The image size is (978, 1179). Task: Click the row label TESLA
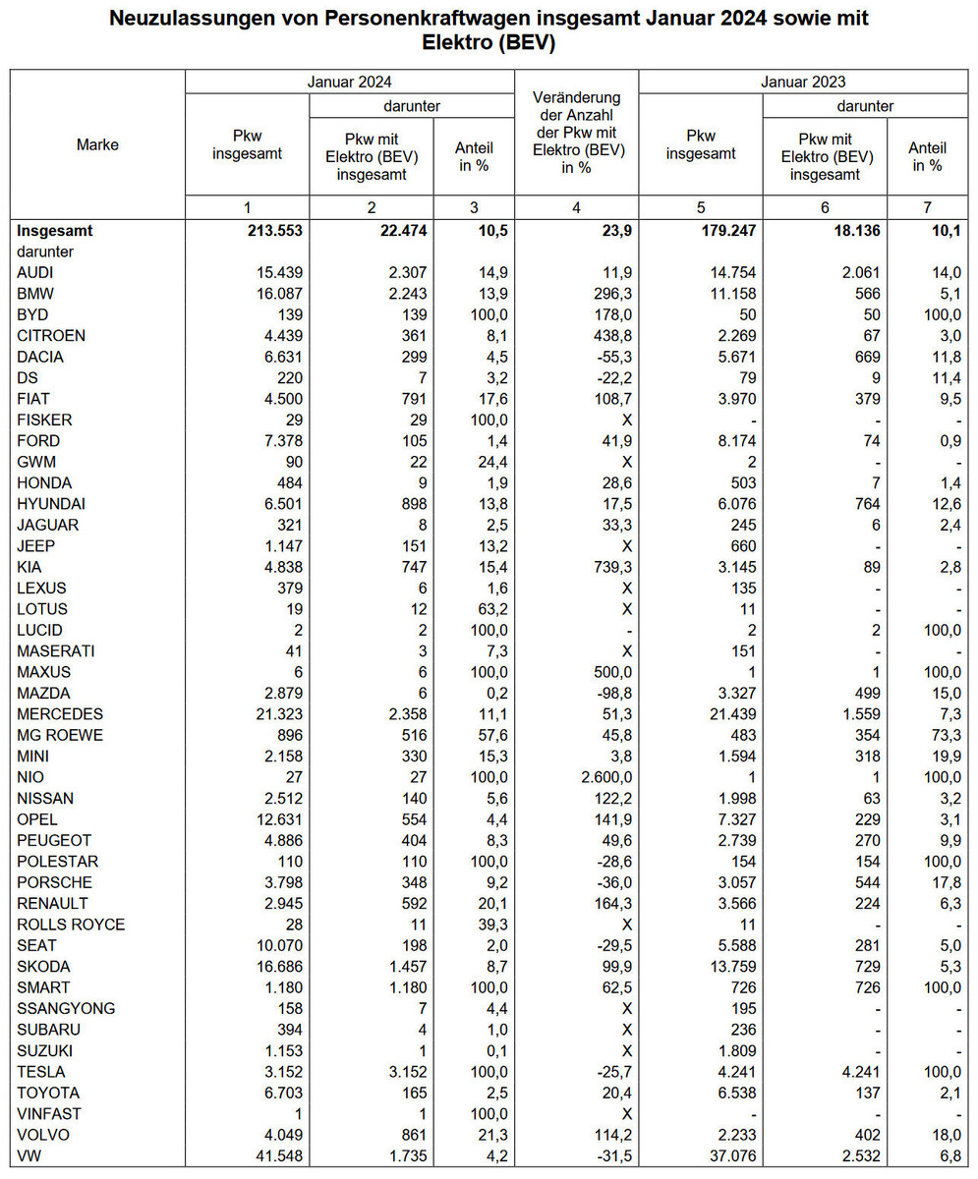(39, 1072)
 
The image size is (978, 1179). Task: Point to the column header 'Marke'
(97, 144)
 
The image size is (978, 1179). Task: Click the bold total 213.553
(261, 231)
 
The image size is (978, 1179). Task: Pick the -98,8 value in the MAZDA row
(604, 693)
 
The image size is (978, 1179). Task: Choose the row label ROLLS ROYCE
(71, 925)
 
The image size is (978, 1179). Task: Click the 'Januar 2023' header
(804, 82)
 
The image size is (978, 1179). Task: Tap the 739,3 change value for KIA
(604, 567)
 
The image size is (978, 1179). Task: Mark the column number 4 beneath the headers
(576, 207)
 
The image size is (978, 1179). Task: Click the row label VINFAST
(49, 1113)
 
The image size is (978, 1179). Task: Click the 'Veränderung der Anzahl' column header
(576, 132)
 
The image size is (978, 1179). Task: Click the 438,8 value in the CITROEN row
(604, 335)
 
